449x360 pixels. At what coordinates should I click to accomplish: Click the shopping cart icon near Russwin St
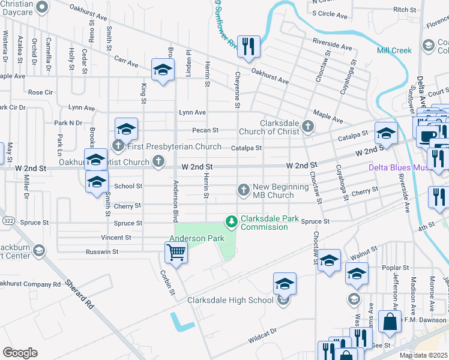(176, 253)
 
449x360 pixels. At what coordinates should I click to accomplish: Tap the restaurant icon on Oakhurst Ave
(249, 46)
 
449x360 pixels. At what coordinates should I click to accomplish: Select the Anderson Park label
(196, 238)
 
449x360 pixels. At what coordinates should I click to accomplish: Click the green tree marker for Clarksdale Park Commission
(231, 223)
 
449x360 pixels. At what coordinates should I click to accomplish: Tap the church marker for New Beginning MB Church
(244, 190)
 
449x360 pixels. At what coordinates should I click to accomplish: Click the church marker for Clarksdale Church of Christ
(308, 126)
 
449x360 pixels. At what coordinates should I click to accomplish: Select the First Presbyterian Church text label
(174, 146)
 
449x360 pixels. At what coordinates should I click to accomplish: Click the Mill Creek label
(394, 50)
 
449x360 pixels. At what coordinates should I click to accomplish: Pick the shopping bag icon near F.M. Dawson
(390, 321)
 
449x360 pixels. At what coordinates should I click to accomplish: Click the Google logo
(20, 353)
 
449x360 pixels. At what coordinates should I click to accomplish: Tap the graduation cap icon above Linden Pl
(162, 71)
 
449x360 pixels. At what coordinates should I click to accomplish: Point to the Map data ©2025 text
(423, 355)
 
